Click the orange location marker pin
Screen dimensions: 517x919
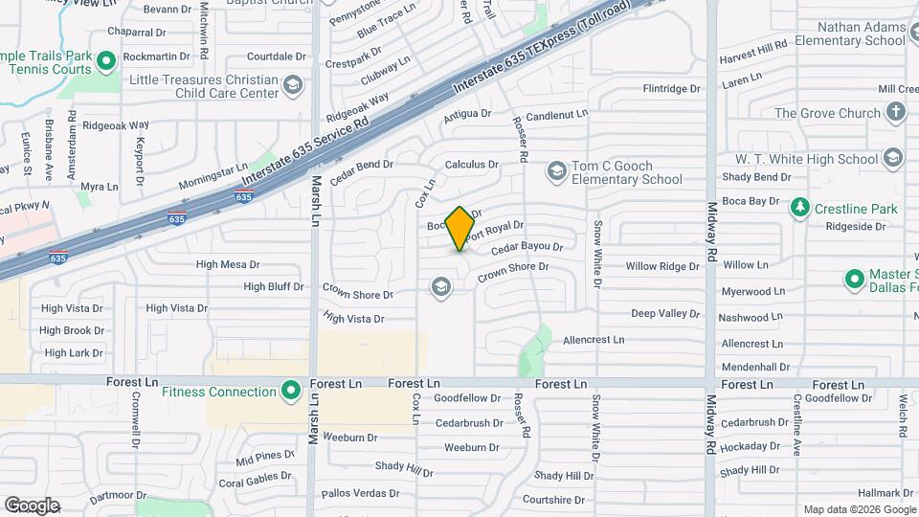coord(460,228)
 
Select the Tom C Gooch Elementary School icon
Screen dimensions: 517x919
coord(556,171)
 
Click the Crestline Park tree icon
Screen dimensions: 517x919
coord(799,208)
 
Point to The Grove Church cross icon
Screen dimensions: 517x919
coord(895,113)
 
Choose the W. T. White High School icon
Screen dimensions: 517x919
coord(893,158)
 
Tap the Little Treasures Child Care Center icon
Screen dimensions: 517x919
coord(292,87)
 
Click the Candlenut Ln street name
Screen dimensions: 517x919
coord(556,114)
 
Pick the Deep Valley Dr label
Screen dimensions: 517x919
coord(665,313)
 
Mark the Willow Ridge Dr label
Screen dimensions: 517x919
coord(662,266)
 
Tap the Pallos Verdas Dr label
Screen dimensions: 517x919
coord(360,493)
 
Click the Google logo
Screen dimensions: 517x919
coord(33,505)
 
